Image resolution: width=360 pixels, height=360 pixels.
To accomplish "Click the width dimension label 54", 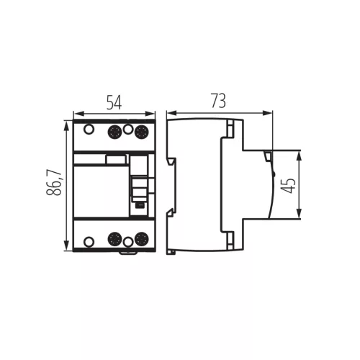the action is (114, 102).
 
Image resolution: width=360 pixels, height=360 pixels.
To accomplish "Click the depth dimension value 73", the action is (218, 101).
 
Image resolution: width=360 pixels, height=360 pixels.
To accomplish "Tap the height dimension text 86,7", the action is (54, 183).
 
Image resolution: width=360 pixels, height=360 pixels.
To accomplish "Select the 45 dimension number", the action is (288, 186).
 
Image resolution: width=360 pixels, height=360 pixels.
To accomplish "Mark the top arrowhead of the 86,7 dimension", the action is (67, 125).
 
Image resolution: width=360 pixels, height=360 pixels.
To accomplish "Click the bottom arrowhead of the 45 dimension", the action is (299, 213).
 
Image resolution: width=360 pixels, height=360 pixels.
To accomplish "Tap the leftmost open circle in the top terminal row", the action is (89, 129).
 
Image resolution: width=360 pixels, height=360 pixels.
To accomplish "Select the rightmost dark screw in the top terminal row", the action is (142, 132).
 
